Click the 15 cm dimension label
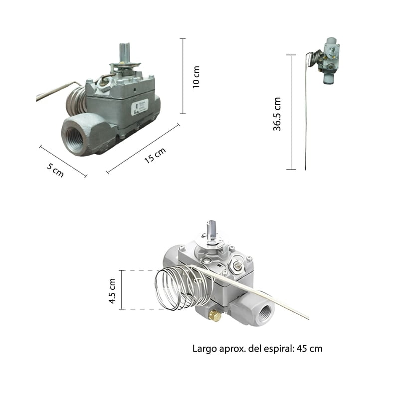[155, 155]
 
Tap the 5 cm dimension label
[55, 170]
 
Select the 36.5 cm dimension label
[277, 114]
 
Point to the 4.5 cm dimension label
[112, 291]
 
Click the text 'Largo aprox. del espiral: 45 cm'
[257, 349]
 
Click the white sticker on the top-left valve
[139, 107]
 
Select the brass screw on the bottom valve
[214, 315]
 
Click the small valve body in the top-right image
[330, 60]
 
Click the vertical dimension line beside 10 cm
[183, 76]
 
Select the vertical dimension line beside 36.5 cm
[291, 112]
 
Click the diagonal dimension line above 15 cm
[143, 149]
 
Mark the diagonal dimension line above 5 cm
[63, 161]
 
